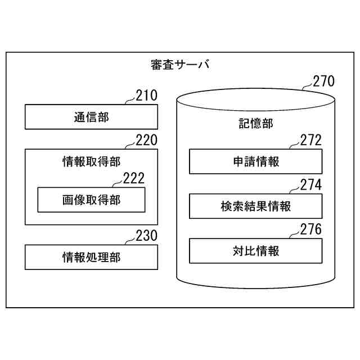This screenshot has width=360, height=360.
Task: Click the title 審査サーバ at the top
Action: (180, 65)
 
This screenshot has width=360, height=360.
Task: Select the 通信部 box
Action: (91, 117)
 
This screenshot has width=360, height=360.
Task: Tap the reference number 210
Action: (147, 96)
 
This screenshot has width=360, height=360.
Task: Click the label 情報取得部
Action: (91, 162)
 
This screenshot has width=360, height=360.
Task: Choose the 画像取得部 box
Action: (91, 200)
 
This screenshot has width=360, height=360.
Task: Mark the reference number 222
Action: (133, 178)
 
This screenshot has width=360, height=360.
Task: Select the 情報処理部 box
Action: (91, 257)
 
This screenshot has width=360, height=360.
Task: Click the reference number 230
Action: (147, 236)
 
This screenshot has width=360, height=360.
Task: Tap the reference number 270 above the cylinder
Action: (323, 82)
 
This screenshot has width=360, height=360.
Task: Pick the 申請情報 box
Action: (256, 162)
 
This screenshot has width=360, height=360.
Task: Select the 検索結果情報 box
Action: (256, 206)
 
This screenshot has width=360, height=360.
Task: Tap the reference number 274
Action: (310, 184)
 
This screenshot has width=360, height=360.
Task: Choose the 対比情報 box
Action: (256, 250)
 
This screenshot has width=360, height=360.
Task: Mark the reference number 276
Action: (310, 229)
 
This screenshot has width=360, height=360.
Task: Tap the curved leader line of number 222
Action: (116, 184)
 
